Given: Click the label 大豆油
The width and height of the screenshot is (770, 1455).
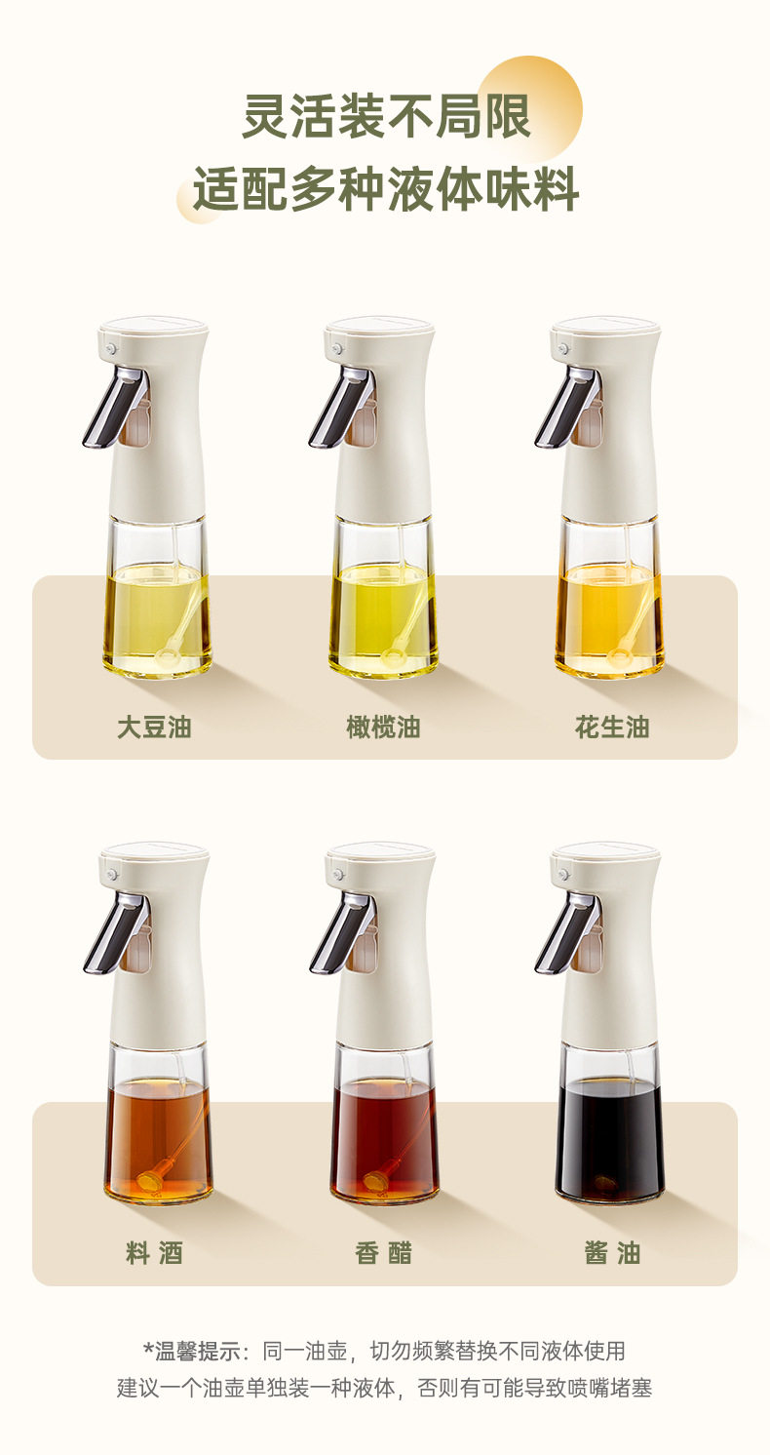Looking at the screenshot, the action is [155, 727].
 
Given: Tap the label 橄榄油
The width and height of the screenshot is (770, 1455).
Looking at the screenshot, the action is [384, 727].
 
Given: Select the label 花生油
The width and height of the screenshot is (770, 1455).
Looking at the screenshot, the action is [612, 727].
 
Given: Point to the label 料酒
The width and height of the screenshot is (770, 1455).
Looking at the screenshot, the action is [155, 1253].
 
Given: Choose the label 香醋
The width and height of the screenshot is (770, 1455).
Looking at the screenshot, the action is [384, 1253].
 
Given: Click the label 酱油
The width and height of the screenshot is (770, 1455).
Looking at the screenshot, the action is [612, 1253].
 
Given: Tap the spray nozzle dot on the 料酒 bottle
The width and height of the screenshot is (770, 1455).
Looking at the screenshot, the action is [112, 875].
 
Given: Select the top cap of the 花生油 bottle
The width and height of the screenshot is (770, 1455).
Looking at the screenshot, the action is [605, 327].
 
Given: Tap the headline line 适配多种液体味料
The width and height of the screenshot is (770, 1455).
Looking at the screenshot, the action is [386, 189].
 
